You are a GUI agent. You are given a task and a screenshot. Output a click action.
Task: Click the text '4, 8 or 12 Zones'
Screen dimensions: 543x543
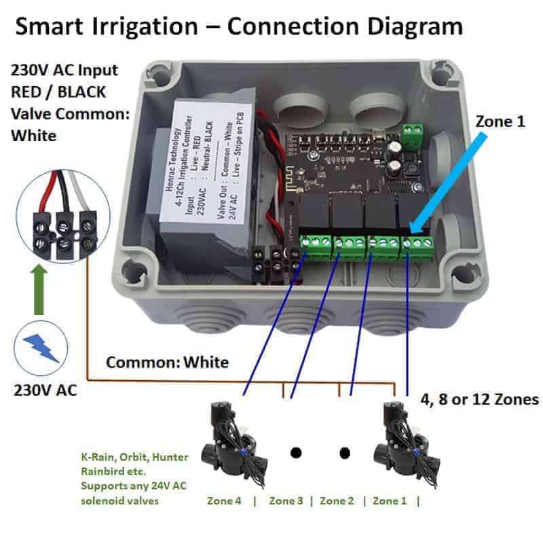pyautogui.click(x=479, y=398)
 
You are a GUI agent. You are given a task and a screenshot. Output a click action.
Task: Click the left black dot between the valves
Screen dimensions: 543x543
pyautogui.click(x=295, y=452)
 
